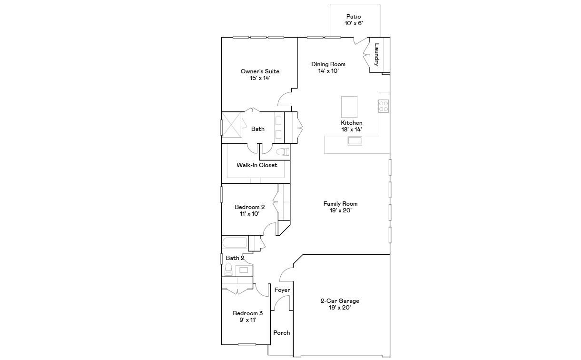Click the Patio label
point(354,17)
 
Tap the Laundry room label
point(376,54)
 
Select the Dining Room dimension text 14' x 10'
point(328,71)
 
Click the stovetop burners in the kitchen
point(384,106)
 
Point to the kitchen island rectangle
point(349,107)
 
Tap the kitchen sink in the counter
point(355,141)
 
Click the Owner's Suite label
point(260,71)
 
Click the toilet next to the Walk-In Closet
point(283,151)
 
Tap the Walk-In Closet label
point(257,165)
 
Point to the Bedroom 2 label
point(249,207)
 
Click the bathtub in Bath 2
point(235,242)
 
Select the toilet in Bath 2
point(228,269)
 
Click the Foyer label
point(282,290)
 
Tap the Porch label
point(282,333)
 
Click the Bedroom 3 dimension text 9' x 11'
point(248,320)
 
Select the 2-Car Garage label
point(340,301)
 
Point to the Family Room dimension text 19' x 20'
point(340,210)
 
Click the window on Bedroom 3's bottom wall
point(247,345)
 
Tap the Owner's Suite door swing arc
point(282,97)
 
